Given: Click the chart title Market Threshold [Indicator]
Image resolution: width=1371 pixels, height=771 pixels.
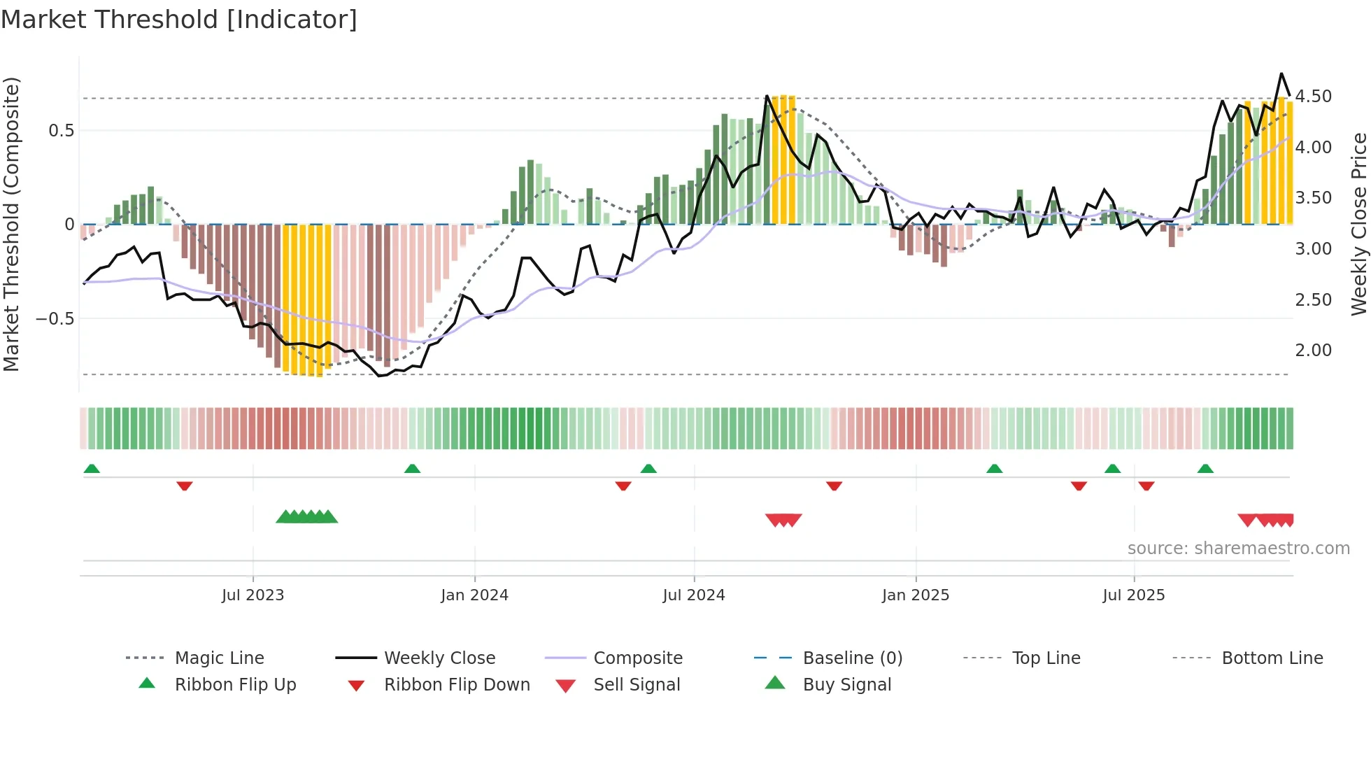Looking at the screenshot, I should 179,20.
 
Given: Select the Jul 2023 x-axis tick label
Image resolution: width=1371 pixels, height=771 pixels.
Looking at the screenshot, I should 253,595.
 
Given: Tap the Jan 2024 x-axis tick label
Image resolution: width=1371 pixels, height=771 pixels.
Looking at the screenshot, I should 474,595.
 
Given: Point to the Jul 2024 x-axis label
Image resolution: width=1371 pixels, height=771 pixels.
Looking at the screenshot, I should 693,595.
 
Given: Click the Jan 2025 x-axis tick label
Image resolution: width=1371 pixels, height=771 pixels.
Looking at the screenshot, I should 915,595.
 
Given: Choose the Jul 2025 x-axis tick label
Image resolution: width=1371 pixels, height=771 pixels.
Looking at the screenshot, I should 1133,595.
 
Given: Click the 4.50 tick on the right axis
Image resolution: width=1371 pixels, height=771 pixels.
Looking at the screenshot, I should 1313,97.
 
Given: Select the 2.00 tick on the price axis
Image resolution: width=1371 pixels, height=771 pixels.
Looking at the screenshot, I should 1313,351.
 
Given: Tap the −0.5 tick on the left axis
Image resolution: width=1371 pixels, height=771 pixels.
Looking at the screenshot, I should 55,319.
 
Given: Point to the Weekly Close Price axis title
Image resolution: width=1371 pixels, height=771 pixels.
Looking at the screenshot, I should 1358,224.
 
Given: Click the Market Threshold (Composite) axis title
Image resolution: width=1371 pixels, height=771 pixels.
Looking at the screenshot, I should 11,224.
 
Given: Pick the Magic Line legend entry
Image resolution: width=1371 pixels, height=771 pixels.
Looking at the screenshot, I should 219,658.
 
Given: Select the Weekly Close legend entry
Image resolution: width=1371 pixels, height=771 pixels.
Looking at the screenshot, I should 439,658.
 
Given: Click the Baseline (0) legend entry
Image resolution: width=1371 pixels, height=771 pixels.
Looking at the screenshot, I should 852,658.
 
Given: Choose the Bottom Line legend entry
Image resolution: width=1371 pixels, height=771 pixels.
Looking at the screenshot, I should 1272,658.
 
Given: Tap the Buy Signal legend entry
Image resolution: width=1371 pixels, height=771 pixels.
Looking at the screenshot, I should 846,685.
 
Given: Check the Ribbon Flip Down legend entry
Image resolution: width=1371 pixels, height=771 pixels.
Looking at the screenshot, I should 457,685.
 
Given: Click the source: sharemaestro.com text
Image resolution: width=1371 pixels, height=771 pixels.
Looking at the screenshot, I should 1238,549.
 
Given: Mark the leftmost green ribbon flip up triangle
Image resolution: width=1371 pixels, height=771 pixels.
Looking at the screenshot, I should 92,469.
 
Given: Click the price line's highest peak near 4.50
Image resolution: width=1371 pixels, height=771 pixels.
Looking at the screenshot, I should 1281,73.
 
